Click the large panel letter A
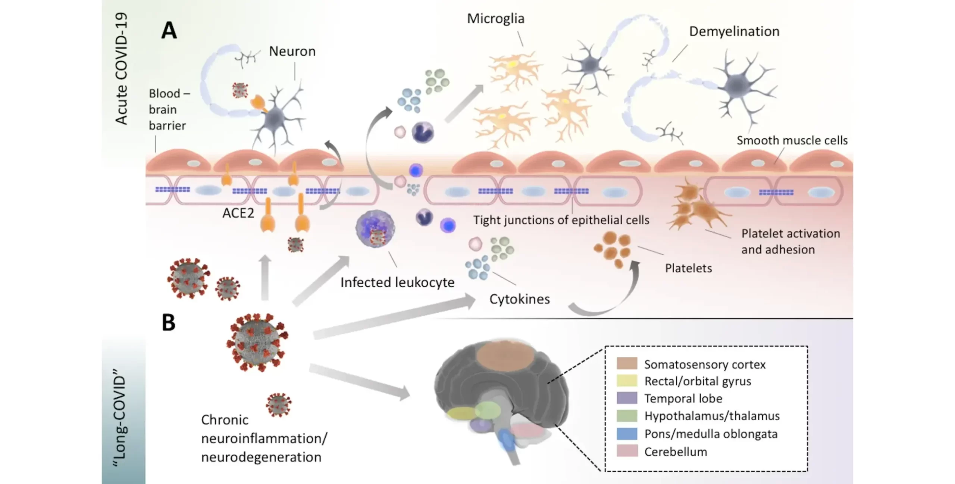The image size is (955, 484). pyautogui.click(x=169, y=30)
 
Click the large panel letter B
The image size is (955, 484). pyautogui.click(x=169, y=322)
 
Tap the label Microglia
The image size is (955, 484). pyautogui.click(x=495, y=19)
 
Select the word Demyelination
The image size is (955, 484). pyautogui.click(x=734, y=31)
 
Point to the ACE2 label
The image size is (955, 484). pyautogui.click(x=238, y=213)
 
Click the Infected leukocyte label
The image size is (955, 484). pyautogui.click(x=397, y=282)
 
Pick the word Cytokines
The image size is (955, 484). pyautogui.click(x=519, y=299)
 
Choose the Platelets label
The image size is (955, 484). pyautogui.click(x=688, y=268)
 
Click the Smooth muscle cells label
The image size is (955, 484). pyautogui.click(x=792, y=140)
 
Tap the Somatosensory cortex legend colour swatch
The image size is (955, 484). pyautogui.click(x=627, y=363)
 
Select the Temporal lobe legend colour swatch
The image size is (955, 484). pyautogui.click(x=627, y=398)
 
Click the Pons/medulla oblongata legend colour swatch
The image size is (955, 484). pyautogui.click(x=627, y=434)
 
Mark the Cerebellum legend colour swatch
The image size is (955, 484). pyautogui.click(x=627, y=451)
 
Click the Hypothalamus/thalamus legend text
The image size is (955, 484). pyautogui.click(x=712, y=416)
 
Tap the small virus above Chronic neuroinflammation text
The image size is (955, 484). pyautogui.click(x=279, y=405)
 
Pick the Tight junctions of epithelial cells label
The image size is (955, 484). pyautogui.click(x=561, y=220)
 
